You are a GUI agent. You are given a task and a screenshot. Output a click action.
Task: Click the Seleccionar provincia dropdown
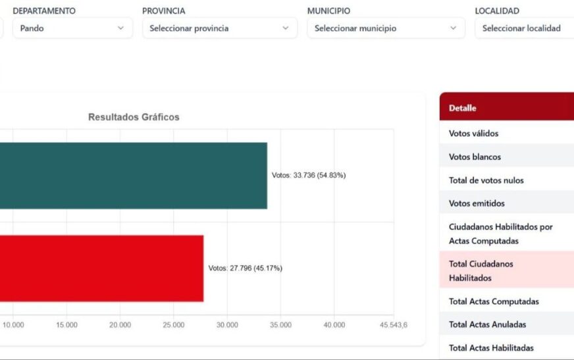point(219,28)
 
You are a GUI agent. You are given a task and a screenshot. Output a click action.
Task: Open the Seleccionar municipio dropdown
point(385,28)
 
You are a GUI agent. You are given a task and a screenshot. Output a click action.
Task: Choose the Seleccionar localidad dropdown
point(523,28)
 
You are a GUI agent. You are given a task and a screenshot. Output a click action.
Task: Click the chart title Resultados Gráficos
point(134,117)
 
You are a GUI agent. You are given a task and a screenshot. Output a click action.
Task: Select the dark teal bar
point(132,176)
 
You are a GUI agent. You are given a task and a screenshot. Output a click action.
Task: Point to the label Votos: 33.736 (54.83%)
point(309,176)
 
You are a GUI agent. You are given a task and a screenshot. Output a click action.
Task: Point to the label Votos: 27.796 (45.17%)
point(246,269)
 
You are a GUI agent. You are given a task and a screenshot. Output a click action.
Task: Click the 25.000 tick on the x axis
point(174,325)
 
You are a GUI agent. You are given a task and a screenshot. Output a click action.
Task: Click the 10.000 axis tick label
point(13,325)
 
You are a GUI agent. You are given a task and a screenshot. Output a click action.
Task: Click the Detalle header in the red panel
point(463,108)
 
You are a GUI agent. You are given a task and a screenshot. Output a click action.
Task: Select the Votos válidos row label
point(474,134)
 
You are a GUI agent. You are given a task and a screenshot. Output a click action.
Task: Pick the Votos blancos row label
point(475,157)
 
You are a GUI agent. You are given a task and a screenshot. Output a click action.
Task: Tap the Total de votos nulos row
point(486,180)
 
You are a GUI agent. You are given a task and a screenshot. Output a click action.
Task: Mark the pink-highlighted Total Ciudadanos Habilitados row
point(481,270)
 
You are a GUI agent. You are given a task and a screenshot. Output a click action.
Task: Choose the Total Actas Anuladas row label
point(487,324)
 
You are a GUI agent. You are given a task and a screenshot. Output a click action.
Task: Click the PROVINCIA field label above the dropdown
point(163,11)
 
